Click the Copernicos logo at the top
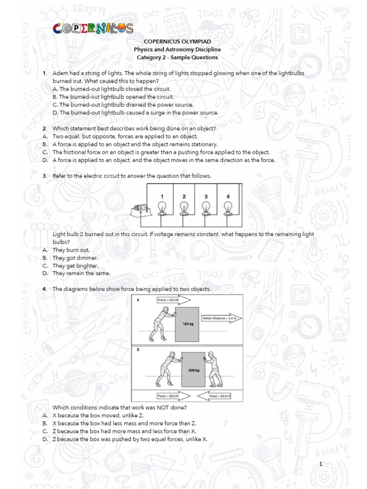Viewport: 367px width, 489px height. pyautogui.click(x=94, y=29)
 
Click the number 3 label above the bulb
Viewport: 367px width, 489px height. pyautogui.click(x=206, y=196)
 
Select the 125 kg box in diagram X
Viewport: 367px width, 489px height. pyautogui.click(x=187, y=324)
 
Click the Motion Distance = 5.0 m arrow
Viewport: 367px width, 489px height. pyautogui.click(x=222, y=318)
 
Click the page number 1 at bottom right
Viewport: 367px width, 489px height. pyautogui.click(x=322, y=464)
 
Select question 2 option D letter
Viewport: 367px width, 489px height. pyautogui.click(x=44, y=160)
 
